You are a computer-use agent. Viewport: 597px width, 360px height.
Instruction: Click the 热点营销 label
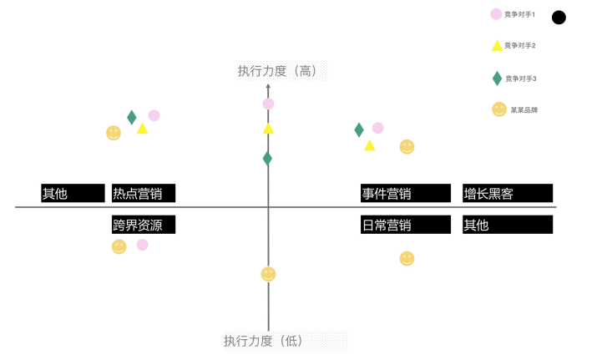[138, 194]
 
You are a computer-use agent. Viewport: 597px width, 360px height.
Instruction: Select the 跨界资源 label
[138, 225]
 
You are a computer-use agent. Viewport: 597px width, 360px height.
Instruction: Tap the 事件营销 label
[386, 194]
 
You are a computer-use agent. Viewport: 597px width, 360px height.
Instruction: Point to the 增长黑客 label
[488, 194]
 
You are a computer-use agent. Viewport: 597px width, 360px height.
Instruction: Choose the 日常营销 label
[386, 225]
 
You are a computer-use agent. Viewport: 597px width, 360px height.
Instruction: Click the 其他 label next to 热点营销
[55, 194]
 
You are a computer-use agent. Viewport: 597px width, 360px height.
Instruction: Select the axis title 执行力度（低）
[263, 341]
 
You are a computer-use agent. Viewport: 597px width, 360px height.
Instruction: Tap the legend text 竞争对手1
[520, 14]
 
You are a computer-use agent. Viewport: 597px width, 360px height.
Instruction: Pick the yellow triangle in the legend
[497, 46]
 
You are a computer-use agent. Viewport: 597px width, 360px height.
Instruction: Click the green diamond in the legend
[497, 79]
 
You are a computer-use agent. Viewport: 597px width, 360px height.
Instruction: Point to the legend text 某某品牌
[524, 109]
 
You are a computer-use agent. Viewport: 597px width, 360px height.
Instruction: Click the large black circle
[559, 18]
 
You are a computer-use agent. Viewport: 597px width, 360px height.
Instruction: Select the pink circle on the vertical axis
[268, 104]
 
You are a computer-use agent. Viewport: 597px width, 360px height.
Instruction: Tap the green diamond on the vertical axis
[267, 158]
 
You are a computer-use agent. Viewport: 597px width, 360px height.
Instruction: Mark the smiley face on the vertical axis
[268, 274]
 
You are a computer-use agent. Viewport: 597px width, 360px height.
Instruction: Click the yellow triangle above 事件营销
[370, 145]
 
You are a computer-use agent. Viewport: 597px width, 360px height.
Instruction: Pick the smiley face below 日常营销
[407, 259]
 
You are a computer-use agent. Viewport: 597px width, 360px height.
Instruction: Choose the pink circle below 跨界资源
[143, 245]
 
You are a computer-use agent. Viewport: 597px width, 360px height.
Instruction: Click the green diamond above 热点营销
[131, 117]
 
